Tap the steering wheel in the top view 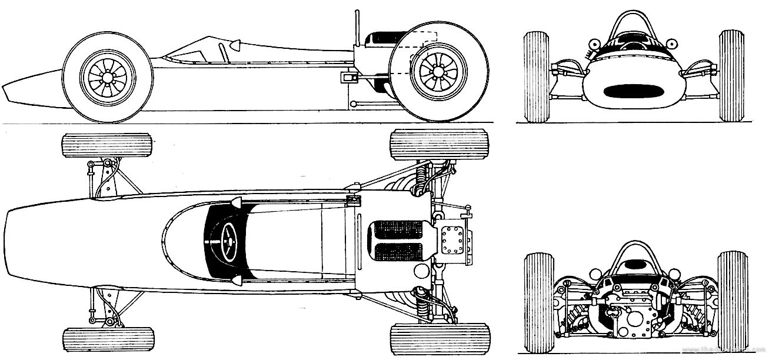pyautogui.click(x=227, y=241)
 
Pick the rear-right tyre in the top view pyautogui.click(x=438, y=338)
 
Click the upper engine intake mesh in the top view pyautogui.click(x=398, y=230)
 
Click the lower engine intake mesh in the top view pyautogui.click(x=398, y=252)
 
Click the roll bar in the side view pyautogui.click(x=357, y=26)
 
